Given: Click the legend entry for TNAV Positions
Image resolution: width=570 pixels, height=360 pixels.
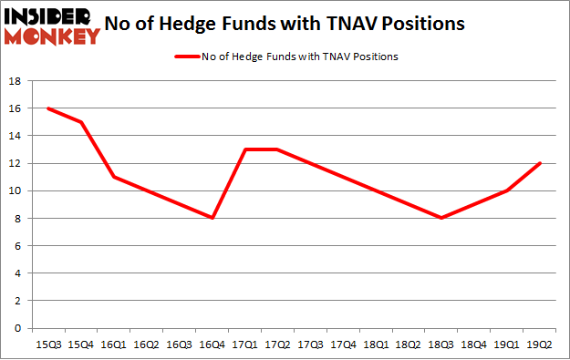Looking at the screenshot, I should click(286, 57).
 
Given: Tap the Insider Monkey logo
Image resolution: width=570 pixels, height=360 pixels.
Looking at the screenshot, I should click(51, 25).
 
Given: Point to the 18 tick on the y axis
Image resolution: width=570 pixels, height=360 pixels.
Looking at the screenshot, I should click(15, 81).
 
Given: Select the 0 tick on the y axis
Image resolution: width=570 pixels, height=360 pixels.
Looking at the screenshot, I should click(18, 328).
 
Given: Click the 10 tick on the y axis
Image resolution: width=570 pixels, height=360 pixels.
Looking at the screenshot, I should click(15, 190).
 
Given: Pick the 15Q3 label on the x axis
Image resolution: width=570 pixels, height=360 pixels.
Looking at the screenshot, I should click(47, 345).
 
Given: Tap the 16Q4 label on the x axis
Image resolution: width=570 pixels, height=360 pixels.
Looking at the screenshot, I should click(212, 345).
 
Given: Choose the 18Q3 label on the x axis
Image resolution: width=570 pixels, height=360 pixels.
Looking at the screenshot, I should click(441, 345).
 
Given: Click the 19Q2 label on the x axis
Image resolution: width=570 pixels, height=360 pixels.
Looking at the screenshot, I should click(540, 345).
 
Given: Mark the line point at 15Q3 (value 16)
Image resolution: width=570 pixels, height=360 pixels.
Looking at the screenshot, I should click(47, 108).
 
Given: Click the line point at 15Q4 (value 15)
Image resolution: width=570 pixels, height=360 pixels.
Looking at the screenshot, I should click(80, 122).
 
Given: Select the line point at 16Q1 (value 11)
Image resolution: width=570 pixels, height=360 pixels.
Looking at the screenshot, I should click(113, 177).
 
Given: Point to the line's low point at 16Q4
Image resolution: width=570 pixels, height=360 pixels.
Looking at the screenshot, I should click(212, 218).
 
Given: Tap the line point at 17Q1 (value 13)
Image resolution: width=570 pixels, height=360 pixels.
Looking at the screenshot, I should click(244, 149).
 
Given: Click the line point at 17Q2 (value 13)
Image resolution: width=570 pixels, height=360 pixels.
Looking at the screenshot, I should click(277, 149).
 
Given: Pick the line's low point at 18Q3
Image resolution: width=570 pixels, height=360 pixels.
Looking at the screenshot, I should click(441, 218).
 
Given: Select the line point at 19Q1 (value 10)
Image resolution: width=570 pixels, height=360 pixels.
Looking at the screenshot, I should click(507, 190).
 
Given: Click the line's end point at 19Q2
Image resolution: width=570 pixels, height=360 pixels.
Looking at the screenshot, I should click(540, 163).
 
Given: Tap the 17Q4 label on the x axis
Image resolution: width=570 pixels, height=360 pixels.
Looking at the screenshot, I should click(343, 345).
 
